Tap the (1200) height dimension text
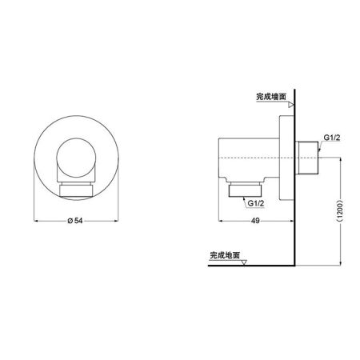[341, 212]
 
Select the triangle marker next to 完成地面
[245, 262]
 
